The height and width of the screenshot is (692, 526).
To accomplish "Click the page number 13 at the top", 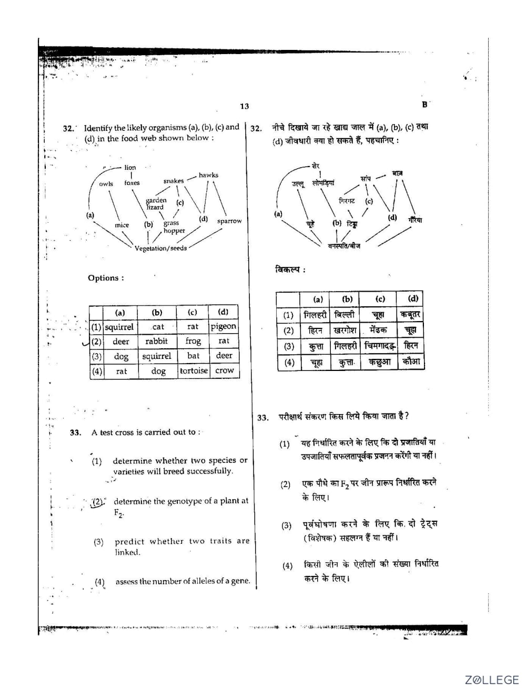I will click(x=244, y=106).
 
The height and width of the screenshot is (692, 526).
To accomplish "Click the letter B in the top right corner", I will click(x=424, y=104).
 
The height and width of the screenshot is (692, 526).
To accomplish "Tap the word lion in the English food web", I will click(x=130, y=168).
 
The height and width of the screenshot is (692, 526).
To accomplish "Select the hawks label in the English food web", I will click(x=208, y=175).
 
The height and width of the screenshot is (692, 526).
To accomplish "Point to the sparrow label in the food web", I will click(x=229, y=221).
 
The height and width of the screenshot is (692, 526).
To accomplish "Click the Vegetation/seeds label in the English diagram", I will click(x=160, y=248).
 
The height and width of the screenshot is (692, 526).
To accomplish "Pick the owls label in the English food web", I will click(x=106, y=183).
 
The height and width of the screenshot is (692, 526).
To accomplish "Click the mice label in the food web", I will click(x=122, y=225).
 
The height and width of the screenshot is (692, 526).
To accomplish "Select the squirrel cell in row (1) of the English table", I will click(x=119, y=327).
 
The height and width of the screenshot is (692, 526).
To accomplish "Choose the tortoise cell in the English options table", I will click(x=194, y=370).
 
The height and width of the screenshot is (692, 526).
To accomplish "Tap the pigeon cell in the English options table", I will click(x=224, y=326).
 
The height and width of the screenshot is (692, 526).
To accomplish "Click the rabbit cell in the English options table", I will click(x=157, y=341).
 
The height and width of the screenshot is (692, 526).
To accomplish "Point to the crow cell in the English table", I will click(x=224, y=370).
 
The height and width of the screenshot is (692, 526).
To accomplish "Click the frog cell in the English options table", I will click(x=193, y=341).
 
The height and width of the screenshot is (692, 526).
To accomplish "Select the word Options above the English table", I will click(x=105, y=278).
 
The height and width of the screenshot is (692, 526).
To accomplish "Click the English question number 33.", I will click(x=75, y=432).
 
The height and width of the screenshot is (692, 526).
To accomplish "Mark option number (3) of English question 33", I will click(x=98, y=541).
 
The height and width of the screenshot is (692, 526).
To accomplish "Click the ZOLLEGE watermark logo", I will click(x=491, y=680).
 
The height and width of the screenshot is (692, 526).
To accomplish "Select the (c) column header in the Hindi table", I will click(x=380, y=299).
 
